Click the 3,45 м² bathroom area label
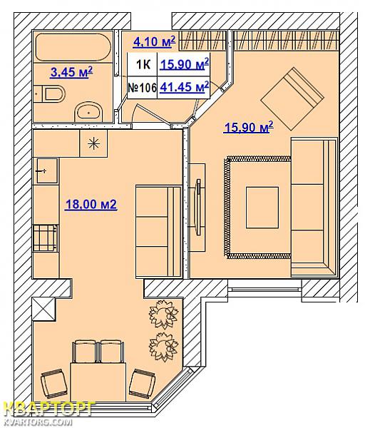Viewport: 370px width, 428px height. pos(71,72)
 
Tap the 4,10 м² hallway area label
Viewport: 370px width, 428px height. pos(154,42)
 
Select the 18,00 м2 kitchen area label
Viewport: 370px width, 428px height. pos(91,205)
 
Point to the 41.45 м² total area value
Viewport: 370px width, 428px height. pos(185,87)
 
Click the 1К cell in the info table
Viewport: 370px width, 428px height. pos(143,65)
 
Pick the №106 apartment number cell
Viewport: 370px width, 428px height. pos(142,88)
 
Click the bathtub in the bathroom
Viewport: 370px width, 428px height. pos(73,47)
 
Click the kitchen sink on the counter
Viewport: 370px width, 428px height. pos(47,171)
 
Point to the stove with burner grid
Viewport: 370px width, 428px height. pos(46,238)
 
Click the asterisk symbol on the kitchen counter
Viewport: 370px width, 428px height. pos(93,143)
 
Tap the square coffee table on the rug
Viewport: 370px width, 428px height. pos(262,208)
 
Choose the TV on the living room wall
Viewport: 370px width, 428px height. pos(198,207)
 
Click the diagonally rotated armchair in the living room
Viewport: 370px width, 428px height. pos(292,99)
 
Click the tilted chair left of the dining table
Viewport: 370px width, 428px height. pos(53,384)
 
